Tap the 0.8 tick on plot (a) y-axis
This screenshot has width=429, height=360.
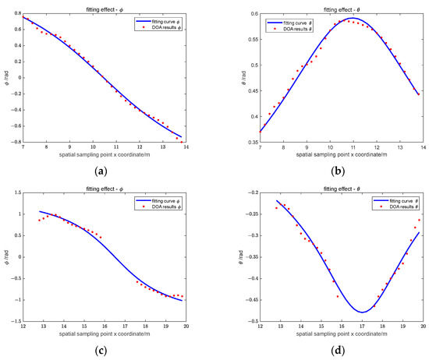16,14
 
